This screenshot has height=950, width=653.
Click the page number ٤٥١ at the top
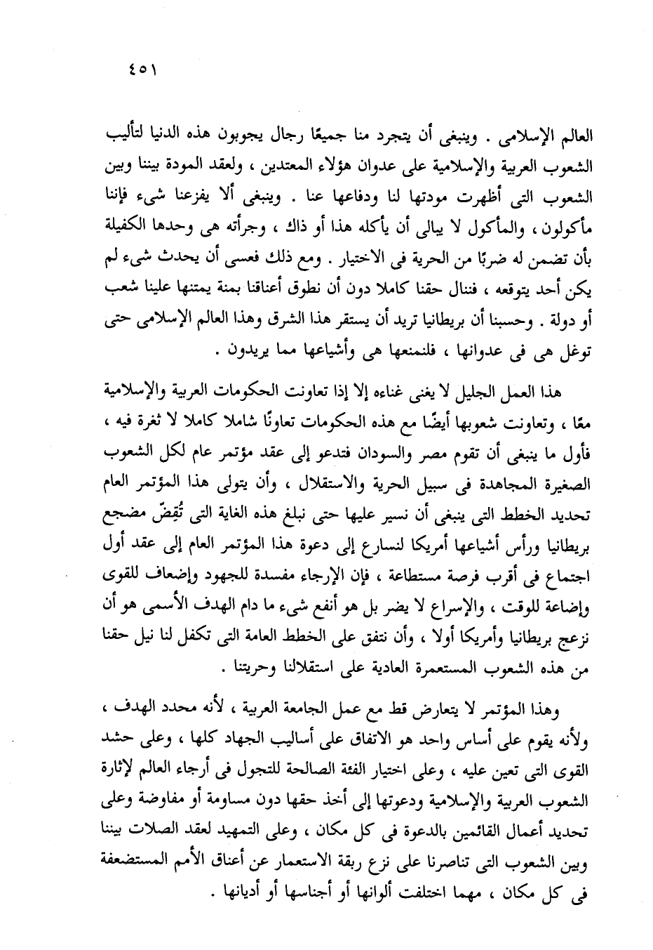tap(142, 72)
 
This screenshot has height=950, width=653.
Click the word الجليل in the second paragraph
tap(475, 390)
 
